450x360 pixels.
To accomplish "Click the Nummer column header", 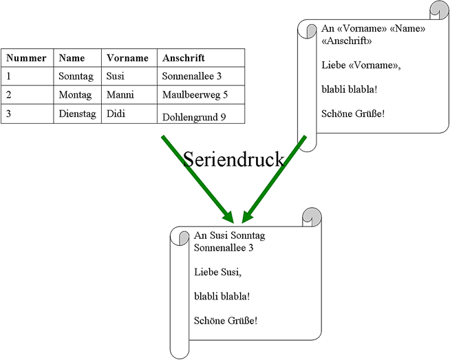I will click(x=26, y=59).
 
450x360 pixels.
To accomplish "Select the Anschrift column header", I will click(x=184, y=59).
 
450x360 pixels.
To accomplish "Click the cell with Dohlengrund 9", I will click(x=194, y=117).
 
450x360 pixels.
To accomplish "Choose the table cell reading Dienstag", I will click(x=77, y=113).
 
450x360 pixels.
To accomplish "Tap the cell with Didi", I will click(x=116, y=113).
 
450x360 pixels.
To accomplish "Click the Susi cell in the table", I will click(x=116, y=76).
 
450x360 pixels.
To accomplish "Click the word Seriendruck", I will click(x=233, y=160).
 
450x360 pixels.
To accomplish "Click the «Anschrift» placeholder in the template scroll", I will click(x=347, y=41).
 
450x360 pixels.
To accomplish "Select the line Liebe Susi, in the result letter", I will click(x=218, y=272).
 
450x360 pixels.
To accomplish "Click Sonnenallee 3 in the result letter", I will click(x=224, y=247).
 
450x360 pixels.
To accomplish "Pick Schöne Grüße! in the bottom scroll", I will click(x=226, y=320).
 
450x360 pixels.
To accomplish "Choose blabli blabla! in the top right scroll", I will click(x=350, y=89).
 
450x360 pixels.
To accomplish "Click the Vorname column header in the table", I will click(x=127, y=59).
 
